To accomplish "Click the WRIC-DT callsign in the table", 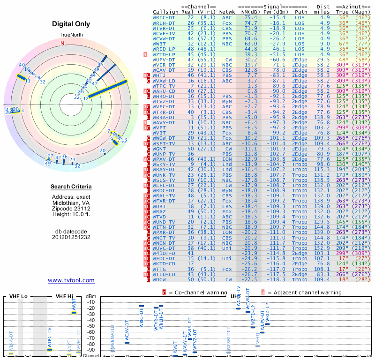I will (164, 17).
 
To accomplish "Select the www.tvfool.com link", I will (71, 280).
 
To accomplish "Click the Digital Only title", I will (71, 24).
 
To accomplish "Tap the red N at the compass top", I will (62, 43).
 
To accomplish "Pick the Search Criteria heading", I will (71, 187).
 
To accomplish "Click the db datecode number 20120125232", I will (71, 237).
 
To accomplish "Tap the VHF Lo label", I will (17, 297).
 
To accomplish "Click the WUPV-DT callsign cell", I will (164, 60).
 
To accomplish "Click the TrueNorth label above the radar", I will (71, 35).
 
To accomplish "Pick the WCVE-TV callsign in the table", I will (164, 33).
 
